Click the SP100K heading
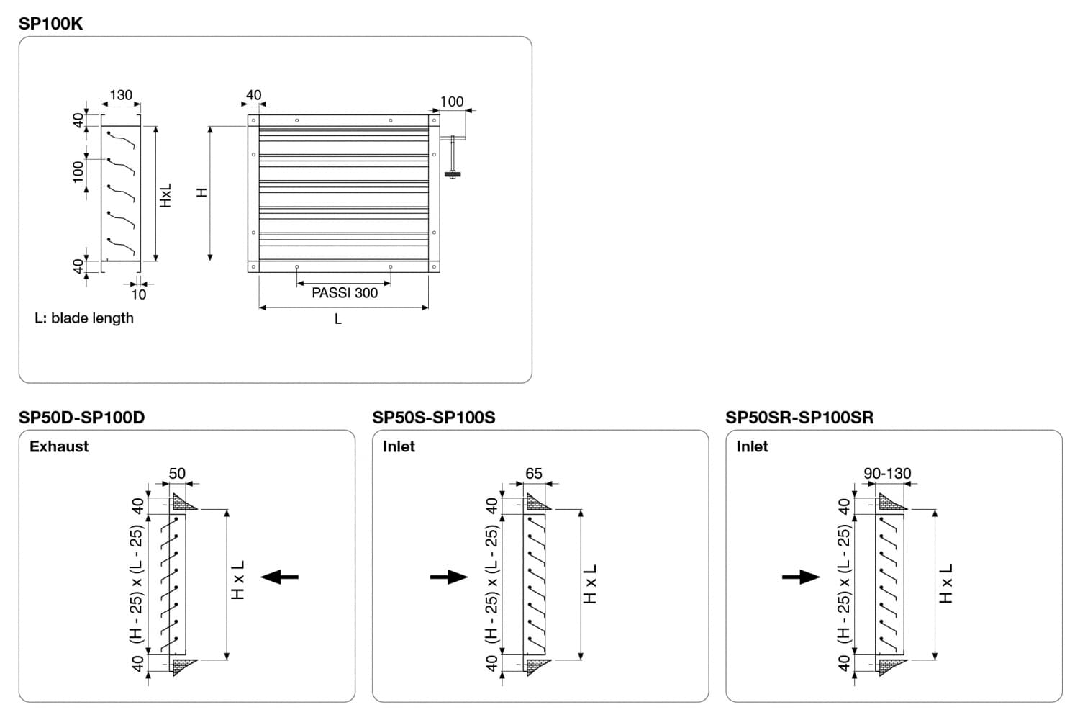click(x=50, y=24)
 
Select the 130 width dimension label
click(x=121, y=95)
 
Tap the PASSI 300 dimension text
click(x=345, y=293)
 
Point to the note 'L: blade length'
click(x=84, y=318)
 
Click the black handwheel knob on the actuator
click(x=453, y=174)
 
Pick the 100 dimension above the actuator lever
click(x=452, y=102)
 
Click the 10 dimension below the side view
click(x=139, y=294)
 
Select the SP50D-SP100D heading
click(x=81, y=418)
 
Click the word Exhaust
click(x=59, y=446)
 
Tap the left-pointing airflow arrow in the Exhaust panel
click(x=280, y=577)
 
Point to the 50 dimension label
click(x=177, y=474)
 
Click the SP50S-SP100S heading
click(x=434, y=418)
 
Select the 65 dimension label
click(x=534, y=474)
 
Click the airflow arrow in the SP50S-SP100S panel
click(x=449, y=577)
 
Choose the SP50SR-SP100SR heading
click(x=799, y=418)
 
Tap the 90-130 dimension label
click(x=887, y=474)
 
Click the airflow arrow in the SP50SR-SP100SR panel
click(x=801, y=577)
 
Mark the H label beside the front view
click(x=202, y=192)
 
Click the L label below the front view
click(x=338, y=319)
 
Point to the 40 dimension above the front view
click(x=253, y=95)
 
